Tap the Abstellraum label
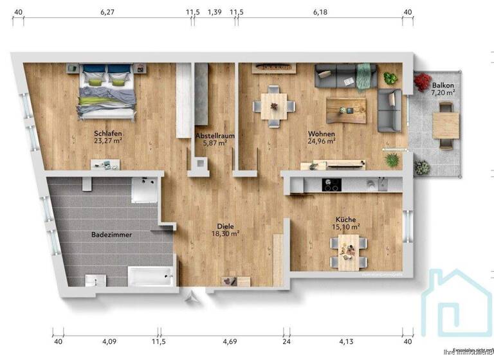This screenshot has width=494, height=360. [214, 136]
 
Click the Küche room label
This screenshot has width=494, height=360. [345, 219]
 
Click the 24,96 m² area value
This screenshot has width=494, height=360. [322, 141]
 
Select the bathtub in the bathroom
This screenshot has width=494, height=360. [151, 277]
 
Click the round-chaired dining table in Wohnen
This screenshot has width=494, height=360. [274, 107]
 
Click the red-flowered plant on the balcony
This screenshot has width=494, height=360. [423, 82]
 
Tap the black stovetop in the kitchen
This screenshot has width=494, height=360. [331, 184]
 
